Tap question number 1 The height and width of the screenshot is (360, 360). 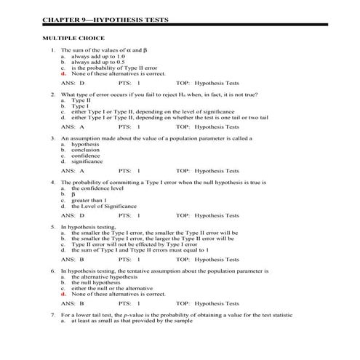pos(52,50)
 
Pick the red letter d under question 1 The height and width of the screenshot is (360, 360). pos(63,74)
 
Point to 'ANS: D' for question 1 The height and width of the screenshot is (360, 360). pos(73,84)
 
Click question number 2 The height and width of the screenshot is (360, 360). pos(52,95)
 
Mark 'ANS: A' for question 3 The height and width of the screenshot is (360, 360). pos(73,171)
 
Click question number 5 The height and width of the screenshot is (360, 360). pos(52,227)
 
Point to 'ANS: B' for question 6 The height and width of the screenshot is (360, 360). pos(73,303)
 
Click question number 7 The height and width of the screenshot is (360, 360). pos(52,314)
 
